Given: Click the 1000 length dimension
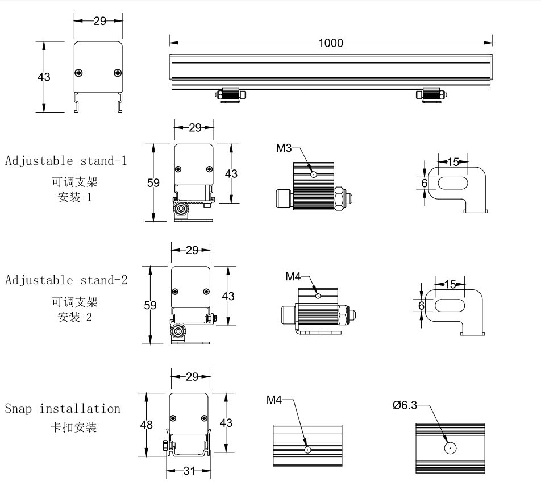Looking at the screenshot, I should [x=331, y=43].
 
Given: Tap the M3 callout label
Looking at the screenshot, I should [x=284, y=148].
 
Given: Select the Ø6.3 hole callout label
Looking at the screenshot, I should [x=405, y=405].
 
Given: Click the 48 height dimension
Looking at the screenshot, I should [x=147, y=423].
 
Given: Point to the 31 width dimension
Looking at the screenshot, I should [x=189, y=471].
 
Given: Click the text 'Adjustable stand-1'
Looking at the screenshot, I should [x=66, y=160].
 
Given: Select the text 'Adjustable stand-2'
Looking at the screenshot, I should [x=66, y=280].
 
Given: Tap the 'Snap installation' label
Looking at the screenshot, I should [x=63, y=408].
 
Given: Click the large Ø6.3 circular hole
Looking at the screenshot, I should [x=450, y=448].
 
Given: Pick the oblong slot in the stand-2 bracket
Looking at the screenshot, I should [x=450, y=305].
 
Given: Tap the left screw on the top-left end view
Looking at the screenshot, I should [x=79, y=72].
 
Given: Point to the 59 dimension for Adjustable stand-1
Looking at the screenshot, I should [x=153, y=183].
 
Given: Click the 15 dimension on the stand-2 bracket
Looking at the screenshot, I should [x=450, y=284].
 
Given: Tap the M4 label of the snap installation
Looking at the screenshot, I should [x=274, y=400].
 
